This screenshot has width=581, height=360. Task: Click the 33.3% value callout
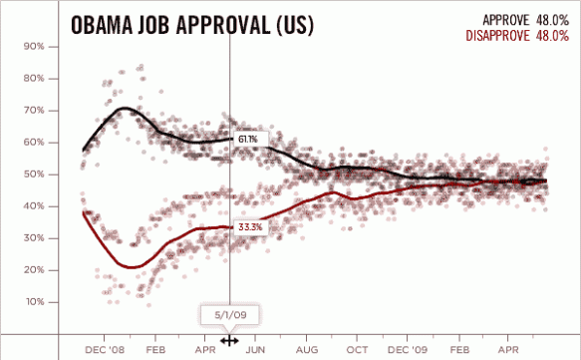click(250, 227)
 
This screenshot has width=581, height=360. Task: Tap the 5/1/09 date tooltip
click(229, 315)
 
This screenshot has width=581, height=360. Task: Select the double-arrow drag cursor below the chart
click(229, 340)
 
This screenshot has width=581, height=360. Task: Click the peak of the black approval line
click(126, 108)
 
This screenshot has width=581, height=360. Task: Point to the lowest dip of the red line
click(131, 266)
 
